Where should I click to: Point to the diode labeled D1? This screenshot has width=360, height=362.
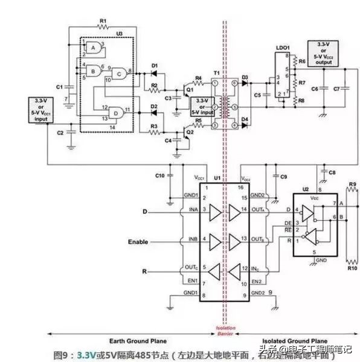tap(155, 66)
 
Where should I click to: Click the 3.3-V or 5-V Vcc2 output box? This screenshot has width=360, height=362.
tap(323, 52)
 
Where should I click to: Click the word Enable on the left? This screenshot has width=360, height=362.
tap(138, 242)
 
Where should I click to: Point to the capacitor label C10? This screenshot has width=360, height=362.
tap(159, 176)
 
